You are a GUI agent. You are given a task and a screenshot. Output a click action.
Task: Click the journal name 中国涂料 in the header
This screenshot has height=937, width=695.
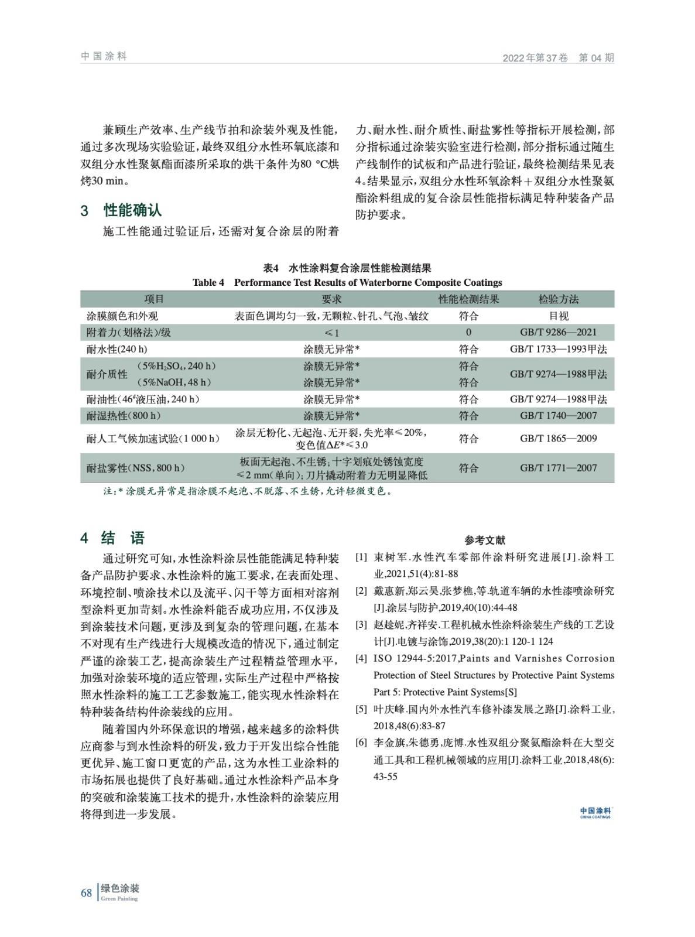point(104,56)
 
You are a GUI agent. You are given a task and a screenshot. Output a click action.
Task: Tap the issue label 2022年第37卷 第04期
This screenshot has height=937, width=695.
point(558,57)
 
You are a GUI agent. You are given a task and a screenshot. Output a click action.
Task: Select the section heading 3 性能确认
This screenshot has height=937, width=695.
point(121,210)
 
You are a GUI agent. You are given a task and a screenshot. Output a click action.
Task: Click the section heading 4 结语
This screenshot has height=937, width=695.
point(112,538)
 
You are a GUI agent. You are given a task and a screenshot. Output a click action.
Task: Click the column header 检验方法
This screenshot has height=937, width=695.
point(558,299)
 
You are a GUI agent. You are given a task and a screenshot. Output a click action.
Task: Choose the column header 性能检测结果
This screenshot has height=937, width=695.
point(468,299)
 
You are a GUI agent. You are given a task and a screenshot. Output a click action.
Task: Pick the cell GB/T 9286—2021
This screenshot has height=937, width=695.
point(558,332)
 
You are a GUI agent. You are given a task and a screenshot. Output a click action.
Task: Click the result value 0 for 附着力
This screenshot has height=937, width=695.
point(468,332)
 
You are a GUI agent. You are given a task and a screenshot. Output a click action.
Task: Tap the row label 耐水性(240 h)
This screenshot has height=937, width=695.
point(117,349)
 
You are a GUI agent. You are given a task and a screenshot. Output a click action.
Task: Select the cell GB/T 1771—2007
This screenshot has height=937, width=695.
point(558,468)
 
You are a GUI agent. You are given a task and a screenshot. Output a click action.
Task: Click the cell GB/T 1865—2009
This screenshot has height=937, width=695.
point(558,438)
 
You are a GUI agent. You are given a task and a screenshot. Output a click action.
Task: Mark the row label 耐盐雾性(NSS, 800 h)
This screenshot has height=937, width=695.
point(136,468)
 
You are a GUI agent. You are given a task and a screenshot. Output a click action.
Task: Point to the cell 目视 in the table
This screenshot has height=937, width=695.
point(558,316)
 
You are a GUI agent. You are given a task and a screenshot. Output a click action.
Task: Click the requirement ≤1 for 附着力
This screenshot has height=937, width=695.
point(331,333)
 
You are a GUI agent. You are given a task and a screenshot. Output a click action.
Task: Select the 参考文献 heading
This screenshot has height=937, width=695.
point(485,540)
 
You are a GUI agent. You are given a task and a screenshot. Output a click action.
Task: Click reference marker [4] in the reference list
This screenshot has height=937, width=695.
point(361,658)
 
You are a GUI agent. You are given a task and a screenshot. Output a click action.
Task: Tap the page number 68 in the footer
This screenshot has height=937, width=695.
point(87,892)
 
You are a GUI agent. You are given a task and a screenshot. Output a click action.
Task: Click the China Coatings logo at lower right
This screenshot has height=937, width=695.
point(595,813)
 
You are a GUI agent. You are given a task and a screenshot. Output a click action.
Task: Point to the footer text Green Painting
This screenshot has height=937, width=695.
point(119,898)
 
